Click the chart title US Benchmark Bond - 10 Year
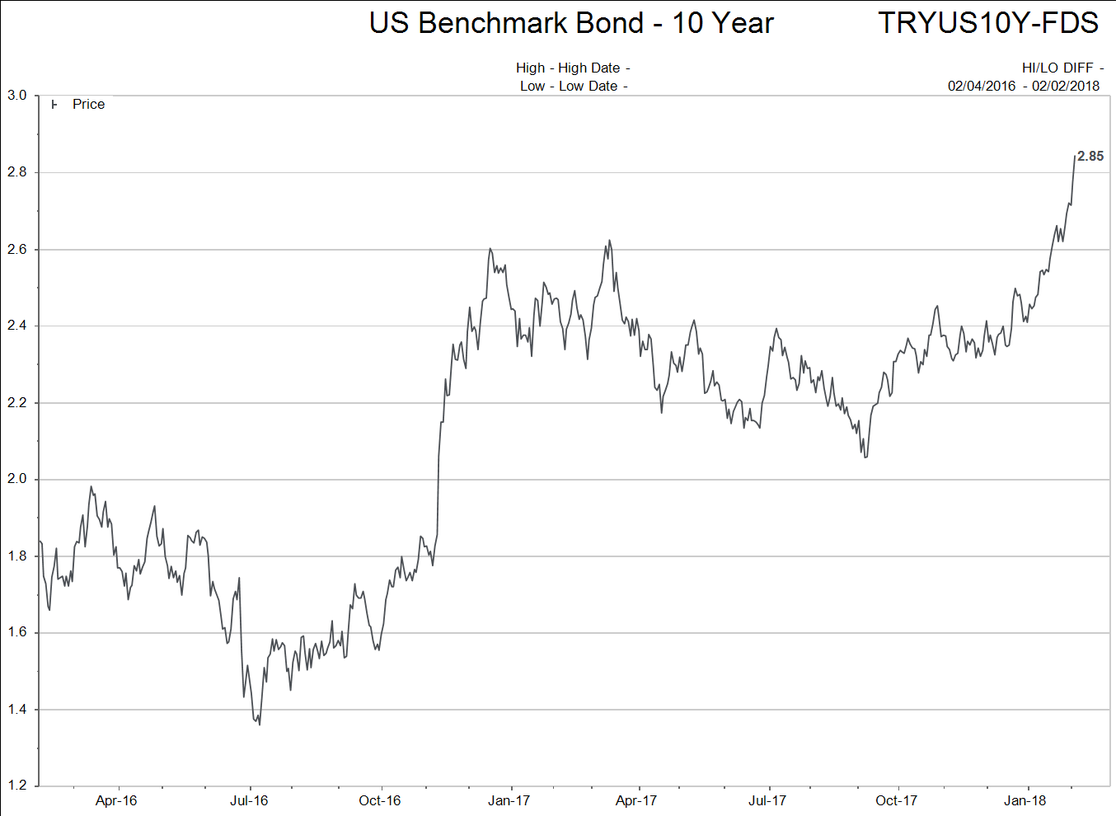click(x=571, y=23)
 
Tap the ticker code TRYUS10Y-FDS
click(x=987, y=23)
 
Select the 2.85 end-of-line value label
click(x=1090, y=157)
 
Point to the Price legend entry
click(x=88, y=105)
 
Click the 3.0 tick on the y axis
click(x=16, y=96)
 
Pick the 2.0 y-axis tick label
click(x=16, y=480)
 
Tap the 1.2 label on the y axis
click(x=16, y=786)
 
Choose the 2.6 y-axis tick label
click(x=16, y=249)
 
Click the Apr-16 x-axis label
click(x=116, y=800)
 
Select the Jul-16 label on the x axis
click(x=249, y=800)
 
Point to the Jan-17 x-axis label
click(x=509, y=800)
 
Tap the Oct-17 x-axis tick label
click(x=896, y=800)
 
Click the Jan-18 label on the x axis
click(x=1025, y=800)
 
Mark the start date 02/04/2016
click(x=982, y=86)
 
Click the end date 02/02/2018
click(x=1066, y=86)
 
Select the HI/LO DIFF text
click(x=1057, y=68)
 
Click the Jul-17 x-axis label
click(x=767, y=800)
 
